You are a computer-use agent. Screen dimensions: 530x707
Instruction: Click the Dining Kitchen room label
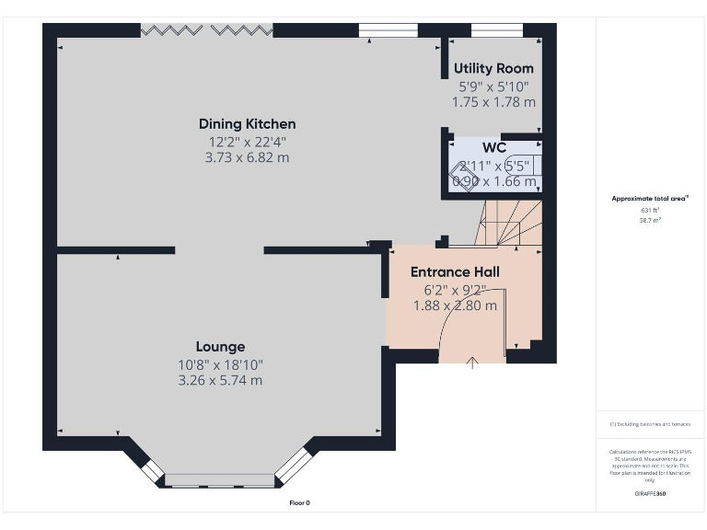247,123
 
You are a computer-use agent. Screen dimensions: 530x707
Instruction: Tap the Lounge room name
220,347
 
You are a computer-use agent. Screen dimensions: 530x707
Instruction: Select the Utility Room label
493,68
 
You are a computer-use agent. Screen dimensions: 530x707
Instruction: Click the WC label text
493,147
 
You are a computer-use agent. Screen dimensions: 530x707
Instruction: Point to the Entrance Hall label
455,271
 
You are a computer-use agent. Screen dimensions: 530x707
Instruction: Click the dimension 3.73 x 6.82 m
247,157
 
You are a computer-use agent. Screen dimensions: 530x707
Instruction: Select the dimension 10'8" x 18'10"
220,364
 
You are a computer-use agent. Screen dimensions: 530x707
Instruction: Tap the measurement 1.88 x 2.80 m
455,305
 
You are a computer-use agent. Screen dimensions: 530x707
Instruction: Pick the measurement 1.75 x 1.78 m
493,102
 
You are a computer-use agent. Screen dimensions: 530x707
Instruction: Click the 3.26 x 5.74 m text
220,381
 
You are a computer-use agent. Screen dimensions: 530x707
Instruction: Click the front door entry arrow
472,363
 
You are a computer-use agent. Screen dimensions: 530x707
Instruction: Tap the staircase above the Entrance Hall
506,225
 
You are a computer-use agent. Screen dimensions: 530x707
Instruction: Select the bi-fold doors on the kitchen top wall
207,30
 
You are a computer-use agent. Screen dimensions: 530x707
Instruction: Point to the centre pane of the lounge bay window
219,479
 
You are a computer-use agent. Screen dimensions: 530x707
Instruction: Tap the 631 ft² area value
651,211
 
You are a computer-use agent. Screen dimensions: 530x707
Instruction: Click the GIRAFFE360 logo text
651,494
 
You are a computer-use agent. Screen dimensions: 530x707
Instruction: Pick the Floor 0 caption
300,502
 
